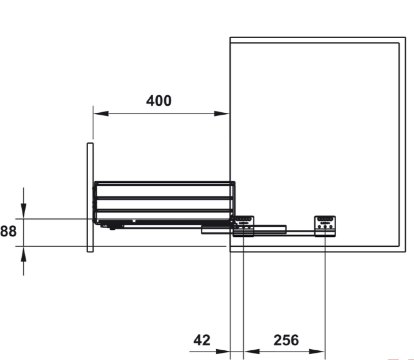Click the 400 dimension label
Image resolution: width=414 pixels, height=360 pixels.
[159, 101]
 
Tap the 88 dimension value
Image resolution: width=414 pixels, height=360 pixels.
[8, 231]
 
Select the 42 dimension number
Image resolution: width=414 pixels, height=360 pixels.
[202, 340]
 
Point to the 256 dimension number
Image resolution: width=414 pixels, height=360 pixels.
[286, 340]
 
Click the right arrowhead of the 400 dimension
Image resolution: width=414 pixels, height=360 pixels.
[222, 114]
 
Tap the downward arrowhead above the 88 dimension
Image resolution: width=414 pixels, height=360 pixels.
[24, 211]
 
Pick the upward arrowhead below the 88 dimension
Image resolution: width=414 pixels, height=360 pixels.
[24, 254]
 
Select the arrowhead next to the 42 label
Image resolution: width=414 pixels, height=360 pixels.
[223, 352]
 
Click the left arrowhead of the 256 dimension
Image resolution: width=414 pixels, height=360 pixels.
[251, 352]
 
